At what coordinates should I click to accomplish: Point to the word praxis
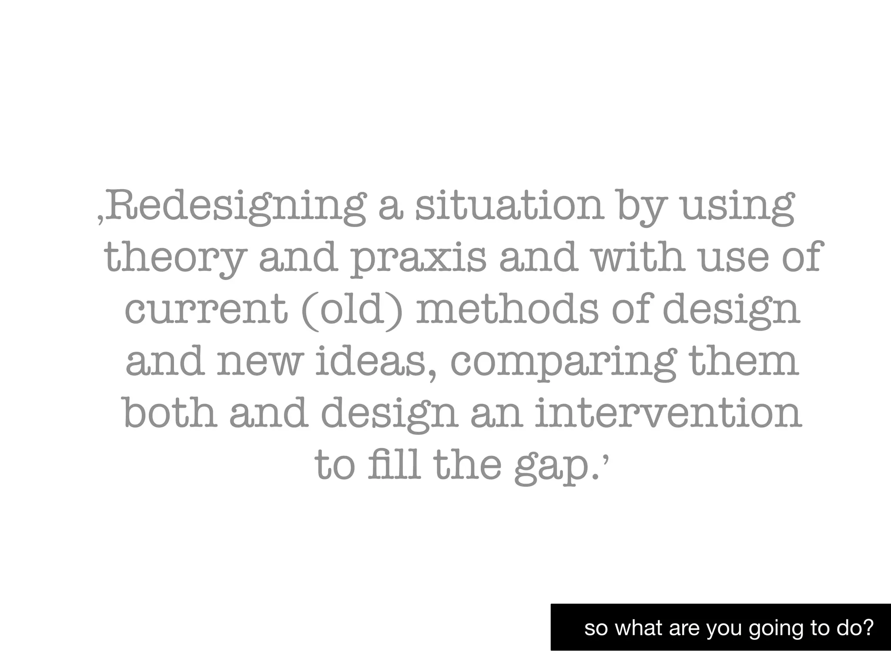click(418, 258)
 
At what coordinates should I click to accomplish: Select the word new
click(259, 362)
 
